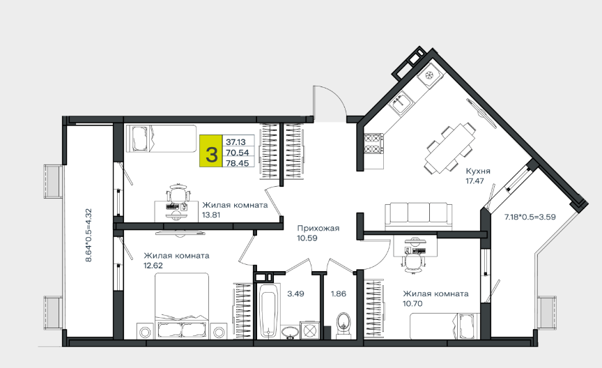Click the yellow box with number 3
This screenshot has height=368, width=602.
(x=211, y=151)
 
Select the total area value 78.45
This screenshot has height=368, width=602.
(x=238, y=163)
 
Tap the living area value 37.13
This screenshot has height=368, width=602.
(x=236, y=142)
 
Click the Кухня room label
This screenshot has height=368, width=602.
(x=478, y=171)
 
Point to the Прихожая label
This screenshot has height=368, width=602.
(x=318, y=229)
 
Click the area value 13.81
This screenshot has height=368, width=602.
(x=211, y=215)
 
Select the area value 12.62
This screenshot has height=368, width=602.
(x=153, y=266)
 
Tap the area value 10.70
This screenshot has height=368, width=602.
(x=412, y=303)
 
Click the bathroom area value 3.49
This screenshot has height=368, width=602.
(x=295, y=294)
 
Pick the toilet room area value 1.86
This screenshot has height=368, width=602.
(x=339, y=294)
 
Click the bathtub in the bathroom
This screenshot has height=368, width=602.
(x=268, y=311)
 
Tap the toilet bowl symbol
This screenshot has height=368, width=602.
(x=344, y=325)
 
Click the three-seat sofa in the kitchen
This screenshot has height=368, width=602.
(x=419, y=216)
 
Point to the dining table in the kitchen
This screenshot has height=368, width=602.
(x=449, y=148)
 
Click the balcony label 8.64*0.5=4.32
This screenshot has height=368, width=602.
(x=88, y=235)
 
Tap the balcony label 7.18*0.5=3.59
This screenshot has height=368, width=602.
(x=530, y=217)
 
